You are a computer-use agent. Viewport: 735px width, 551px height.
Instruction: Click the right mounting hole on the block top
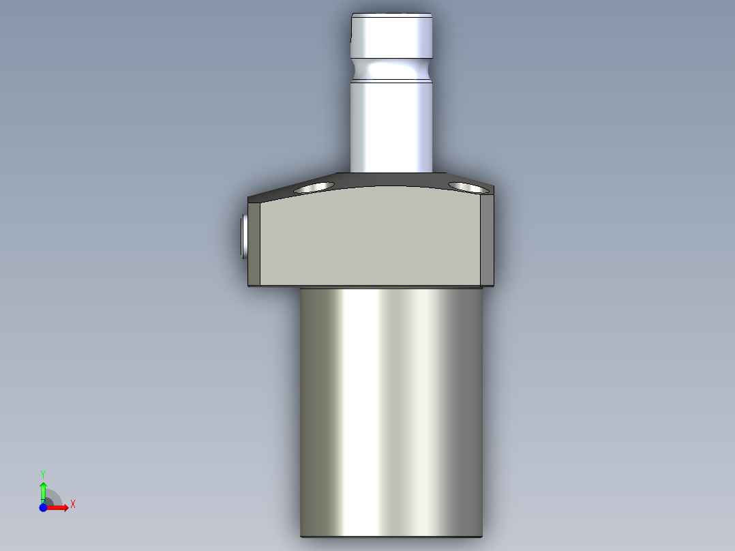468,187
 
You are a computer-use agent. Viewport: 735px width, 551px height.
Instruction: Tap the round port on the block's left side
244,236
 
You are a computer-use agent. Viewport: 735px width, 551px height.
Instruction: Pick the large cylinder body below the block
391,409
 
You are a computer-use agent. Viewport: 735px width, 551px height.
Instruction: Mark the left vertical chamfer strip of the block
254,243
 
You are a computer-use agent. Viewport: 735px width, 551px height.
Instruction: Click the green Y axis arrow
43,490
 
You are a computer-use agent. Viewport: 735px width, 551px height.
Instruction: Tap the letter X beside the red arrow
73,505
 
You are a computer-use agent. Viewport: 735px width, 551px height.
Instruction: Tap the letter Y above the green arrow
43,473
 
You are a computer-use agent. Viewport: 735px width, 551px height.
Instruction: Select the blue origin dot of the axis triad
43,507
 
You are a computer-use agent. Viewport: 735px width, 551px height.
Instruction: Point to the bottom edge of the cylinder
391,536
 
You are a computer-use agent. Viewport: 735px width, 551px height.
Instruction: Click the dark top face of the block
391,179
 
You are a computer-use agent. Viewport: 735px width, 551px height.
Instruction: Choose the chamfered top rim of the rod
391,14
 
